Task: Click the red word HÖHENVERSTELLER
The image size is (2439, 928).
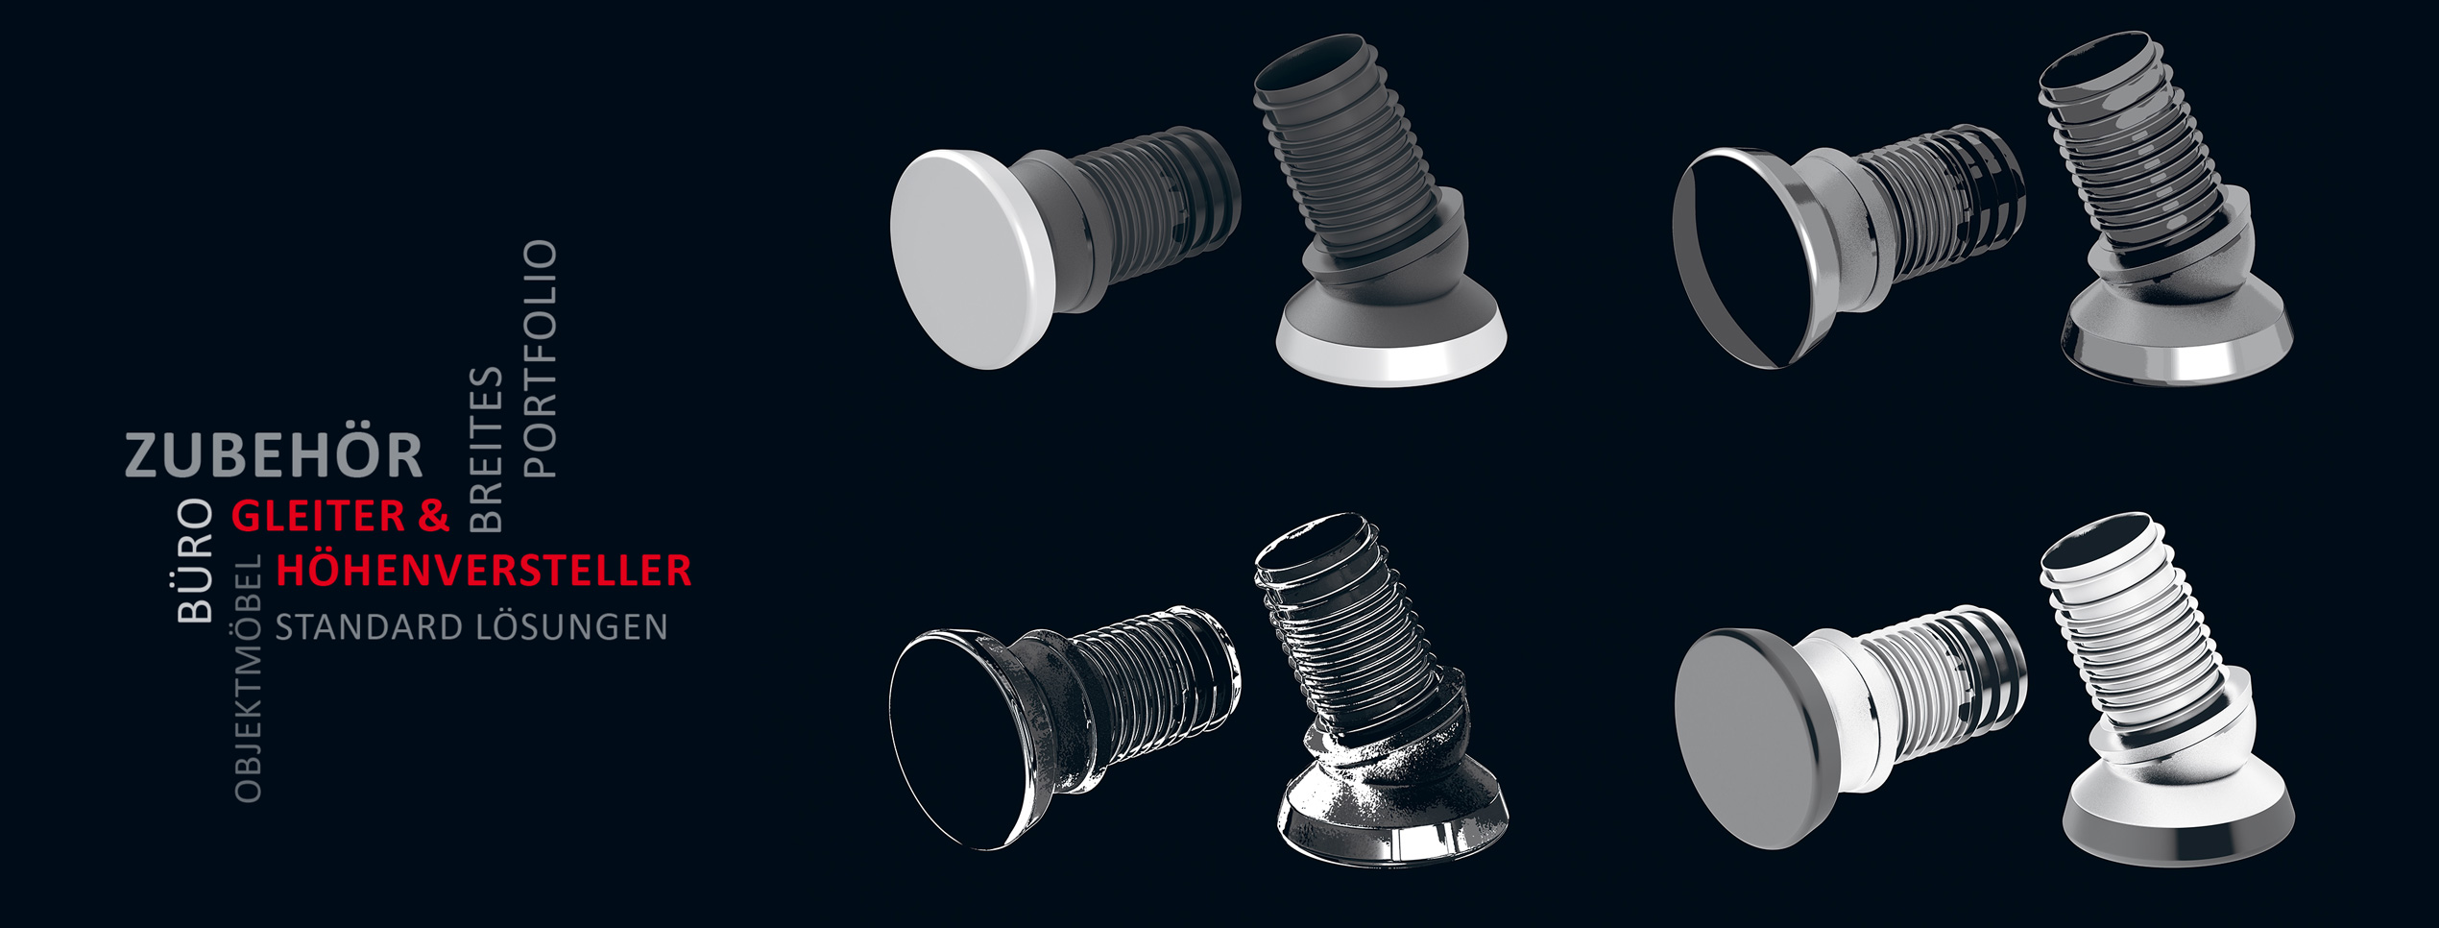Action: (484, 571)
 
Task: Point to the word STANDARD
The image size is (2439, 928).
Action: (369, 627)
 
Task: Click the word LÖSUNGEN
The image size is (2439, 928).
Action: (571, 626)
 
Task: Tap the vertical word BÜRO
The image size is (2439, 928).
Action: (195, 560)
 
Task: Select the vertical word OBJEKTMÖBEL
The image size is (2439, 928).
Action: (248, 678)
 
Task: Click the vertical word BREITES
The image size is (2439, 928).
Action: (485, 449)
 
